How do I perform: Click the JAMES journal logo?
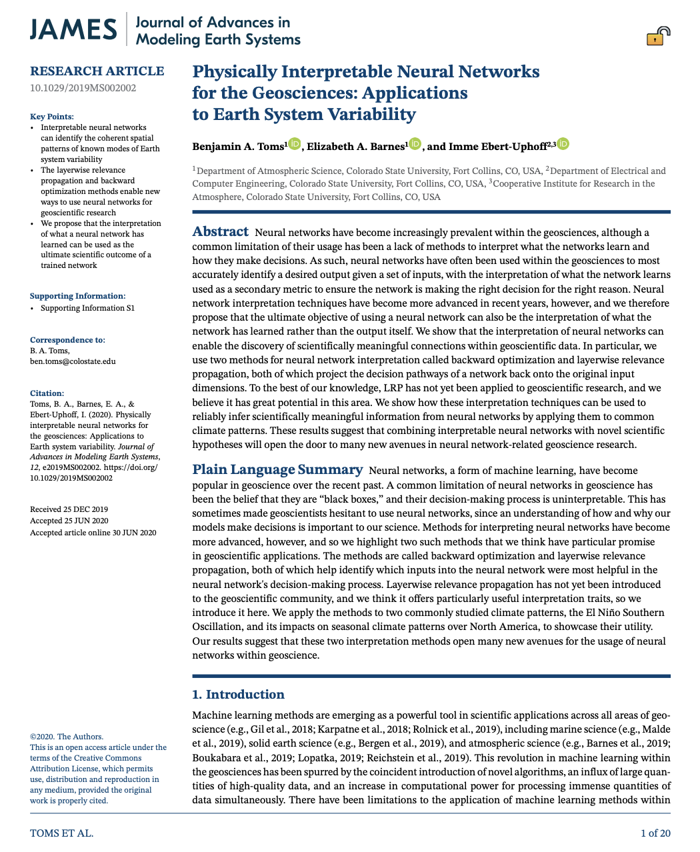pyautogui.click(x=74, y=30)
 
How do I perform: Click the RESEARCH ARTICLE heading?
pyautogui.click(x=97, y=71)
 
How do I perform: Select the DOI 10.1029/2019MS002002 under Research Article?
pyautogui.click(x=83, y=88)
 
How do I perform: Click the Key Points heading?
pyautogui.click(x=52, y=117)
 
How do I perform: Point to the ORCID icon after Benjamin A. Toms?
pyautogui.click(x=295, y=144)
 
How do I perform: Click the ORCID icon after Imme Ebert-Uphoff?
pyautogui.click(x=563, y=144)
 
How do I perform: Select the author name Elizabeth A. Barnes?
pyautogui.click(x=355, y=147)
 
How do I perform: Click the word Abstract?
pyautogui.click(x=220, y=232)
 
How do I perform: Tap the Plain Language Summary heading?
pyautogui.click(x=277, y=470)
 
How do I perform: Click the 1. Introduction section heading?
pyautogui.click(x=238, y=695)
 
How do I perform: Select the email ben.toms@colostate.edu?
pyautogui.click(x=73, y=361)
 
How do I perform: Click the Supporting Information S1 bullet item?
pyautogui.click(x=87, y=308)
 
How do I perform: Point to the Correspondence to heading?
pyautogui.click(x=67, y=340)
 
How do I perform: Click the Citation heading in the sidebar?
pyautogui.click(x=47, y=393)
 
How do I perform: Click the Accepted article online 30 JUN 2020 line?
pyautogui.click(x=93, y=533)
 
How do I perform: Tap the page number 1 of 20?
pyautogui.click(x=655, y=833)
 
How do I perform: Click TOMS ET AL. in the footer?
pyautogui.click(x=62, y=833)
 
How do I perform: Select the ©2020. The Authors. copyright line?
pyautogui.click(x=67, y=737)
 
